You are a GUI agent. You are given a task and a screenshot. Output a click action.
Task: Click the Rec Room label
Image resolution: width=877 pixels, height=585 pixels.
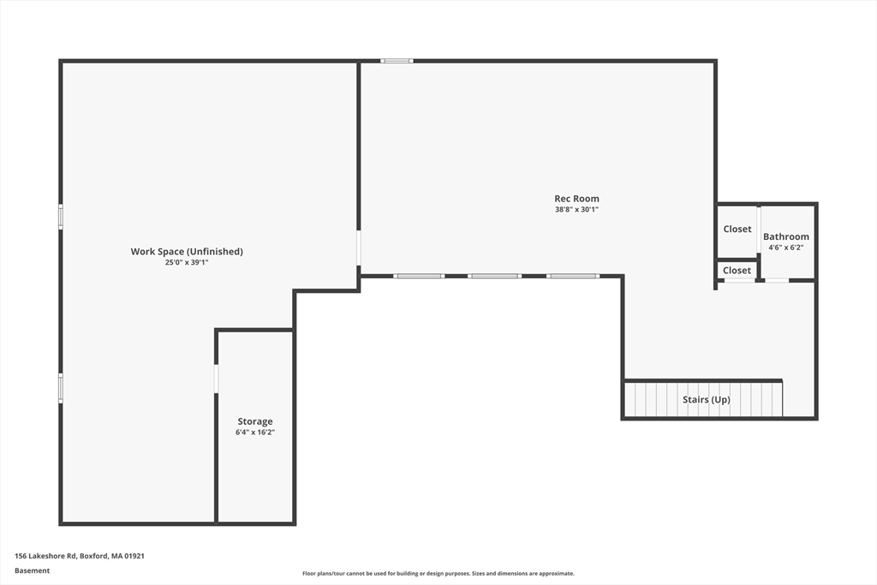[576, 199]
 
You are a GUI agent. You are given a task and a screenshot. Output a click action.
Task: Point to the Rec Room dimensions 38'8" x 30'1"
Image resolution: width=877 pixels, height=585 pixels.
[576, 209]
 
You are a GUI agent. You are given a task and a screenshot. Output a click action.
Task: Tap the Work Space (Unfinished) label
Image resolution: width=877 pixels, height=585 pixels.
[187, 251]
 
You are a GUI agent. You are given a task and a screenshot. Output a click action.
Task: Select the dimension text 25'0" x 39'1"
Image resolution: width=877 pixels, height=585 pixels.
[187, 262]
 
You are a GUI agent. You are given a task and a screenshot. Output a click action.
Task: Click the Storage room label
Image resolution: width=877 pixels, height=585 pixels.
[255, 421]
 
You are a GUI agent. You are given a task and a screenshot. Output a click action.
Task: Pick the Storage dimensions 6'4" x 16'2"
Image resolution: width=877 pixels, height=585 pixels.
[255, 433]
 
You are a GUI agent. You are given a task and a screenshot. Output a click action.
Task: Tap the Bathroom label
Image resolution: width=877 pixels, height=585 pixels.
[785, 236]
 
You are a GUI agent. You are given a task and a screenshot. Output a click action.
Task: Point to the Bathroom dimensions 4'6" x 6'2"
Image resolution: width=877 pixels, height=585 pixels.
[785, 248]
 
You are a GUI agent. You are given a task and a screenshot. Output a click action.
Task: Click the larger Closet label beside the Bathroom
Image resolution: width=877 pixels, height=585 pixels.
[737, 229]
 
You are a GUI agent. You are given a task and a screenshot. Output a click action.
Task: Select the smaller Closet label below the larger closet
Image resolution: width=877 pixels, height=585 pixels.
[737, 270]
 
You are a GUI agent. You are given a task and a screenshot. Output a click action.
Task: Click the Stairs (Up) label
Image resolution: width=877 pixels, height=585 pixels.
[706, 399]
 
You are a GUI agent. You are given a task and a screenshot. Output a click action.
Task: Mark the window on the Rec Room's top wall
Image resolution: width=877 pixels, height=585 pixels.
[397, 61]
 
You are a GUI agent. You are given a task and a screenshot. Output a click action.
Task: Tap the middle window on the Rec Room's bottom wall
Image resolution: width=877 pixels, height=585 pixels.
[494, 276]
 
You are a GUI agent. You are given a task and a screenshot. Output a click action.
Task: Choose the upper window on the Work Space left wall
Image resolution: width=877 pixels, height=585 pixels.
[61, 216]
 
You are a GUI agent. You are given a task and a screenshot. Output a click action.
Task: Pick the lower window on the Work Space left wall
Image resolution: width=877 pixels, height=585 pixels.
[61, 387]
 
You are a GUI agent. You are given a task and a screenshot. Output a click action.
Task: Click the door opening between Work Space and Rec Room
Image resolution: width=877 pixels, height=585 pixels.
[359, 248]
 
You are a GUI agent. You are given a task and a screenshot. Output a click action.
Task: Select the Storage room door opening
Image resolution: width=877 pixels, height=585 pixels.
[216, 379]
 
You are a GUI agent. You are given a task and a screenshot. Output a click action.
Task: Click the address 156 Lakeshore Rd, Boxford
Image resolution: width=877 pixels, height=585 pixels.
[80, 556]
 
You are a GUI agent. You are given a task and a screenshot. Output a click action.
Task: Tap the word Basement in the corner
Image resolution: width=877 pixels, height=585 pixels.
[33, 570]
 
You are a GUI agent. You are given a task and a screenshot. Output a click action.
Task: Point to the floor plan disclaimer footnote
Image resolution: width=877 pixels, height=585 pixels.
[438, 574]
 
